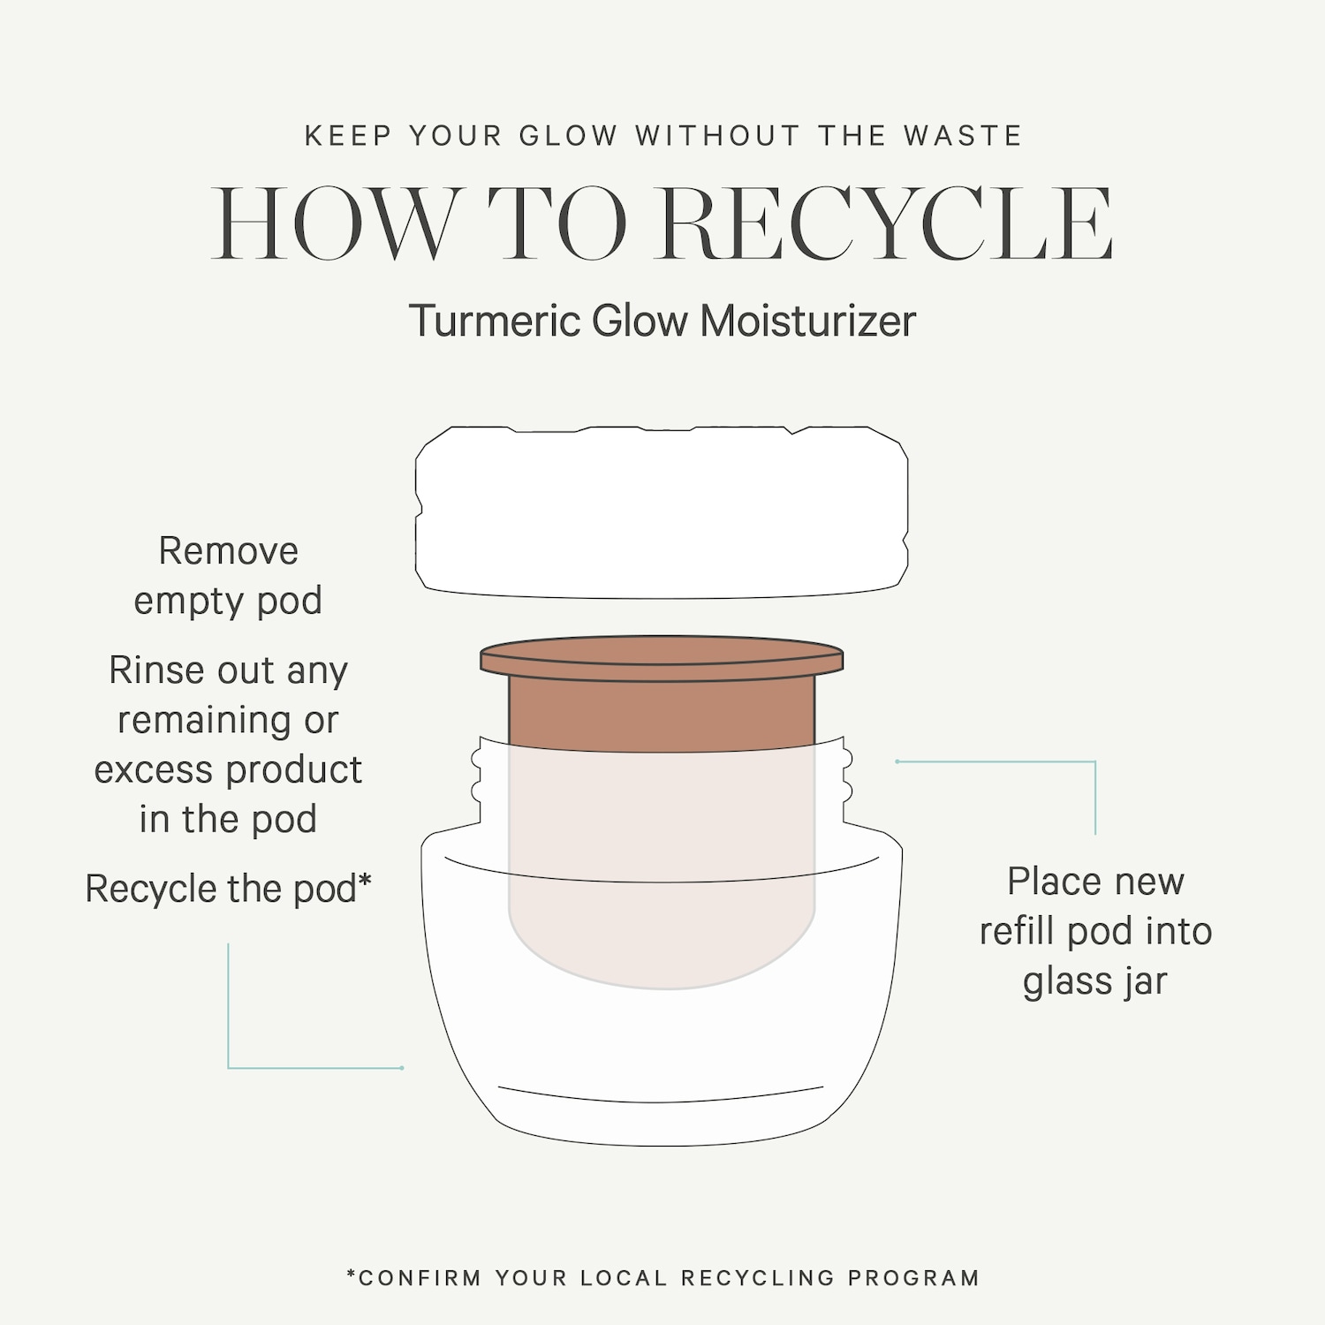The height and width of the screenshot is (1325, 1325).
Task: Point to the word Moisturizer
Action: coord(808,320)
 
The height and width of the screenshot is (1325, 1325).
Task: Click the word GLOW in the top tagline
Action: coord(568,136)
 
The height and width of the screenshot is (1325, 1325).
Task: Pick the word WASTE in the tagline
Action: coord(963,136)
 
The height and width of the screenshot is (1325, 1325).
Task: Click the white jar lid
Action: coord(662,512)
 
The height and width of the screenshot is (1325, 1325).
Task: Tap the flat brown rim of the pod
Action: coord(662,659)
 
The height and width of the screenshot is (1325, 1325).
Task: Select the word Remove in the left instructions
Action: coord(229,551)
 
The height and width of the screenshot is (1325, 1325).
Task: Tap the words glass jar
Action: coord(1095,981)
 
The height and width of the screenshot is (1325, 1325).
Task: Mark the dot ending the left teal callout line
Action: coord(402,1068)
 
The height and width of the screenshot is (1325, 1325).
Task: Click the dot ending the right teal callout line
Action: coord(897,761)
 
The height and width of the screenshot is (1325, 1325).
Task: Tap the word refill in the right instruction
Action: coord(1018,931)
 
